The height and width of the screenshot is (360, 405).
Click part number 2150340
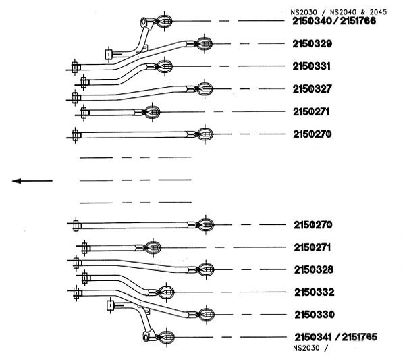(312, 21)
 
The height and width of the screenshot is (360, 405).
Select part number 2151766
(358, 21)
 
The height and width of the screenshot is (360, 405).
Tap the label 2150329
(313, 44)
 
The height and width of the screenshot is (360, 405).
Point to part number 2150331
(311, 66)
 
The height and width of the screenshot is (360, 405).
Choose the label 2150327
(313, 89)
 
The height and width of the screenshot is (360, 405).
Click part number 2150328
(314, 269)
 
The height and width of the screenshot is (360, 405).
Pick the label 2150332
(315, 292)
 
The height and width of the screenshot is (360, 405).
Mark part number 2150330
(315, 315)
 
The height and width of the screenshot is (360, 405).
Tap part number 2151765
(360, 337)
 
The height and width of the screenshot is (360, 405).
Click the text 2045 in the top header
(378, 12)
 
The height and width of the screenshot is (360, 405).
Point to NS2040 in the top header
(340, 12)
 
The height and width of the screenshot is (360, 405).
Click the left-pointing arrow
(32, 181)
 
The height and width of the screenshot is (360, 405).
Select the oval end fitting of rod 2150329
(205, 44)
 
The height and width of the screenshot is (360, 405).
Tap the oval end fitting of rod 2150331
(165, 66)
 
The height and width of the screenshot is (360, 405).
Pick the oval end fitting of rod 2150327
(205, 89)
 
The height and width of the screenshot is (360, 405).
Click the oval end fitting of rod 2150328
(206, 269)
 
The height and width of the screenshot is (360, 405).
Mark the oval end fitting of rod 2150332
(166, 292)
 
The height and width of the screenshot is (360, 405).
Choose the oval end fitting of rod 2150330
(207, 315)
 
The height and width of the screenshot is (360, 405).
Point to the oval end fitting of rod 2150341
(167, 337)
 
